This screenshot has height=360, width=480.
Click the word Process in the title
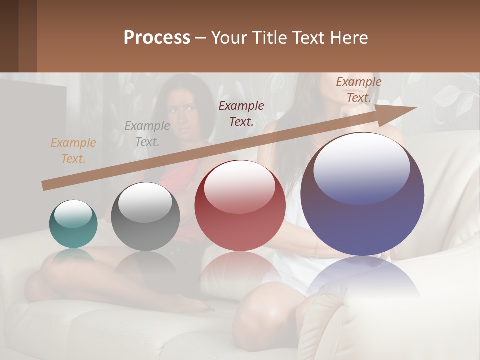pos(157,38)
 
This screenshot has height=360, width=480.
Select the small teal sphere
pos(73,224)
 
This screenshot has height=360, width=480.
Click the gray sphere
pos(145,217)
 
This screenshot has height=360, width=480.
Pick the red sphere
pos(240,205)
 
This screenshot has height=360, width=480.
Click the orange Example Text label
pos(73,151)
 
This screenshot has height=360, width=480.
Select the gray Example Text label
pos(147,134)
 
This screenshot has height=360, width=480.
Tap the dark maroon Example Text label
pos(241,113)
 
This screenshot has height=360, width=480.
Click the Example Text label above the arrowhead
pos(359,90)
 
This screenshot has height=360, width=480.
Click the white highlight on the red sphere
pos(239,186)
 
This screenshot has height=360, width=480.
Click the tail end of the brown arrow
pos(45,185)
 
